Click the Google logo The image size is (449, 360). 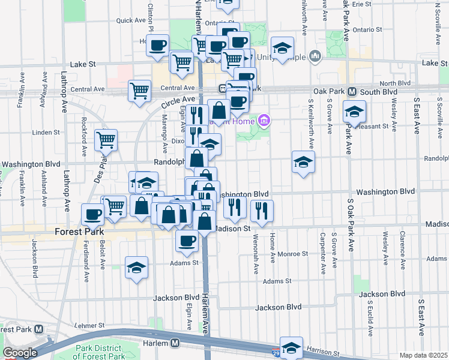20,353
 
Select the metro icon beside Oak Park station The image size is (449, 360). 353,92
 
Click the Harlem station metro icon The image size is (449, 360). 175,343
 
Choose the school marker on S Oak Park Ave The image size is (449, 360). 355,112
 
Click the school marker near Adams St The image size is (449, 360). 136,268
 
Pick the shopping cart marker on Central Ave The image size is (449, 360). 139,92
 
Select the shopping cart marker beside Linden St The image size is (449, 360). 106,140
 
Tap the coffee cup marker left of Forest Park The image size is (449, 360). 93,214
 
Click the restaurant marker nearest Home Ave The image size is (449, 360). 262,210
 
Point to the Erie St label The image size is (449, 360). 361,4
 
